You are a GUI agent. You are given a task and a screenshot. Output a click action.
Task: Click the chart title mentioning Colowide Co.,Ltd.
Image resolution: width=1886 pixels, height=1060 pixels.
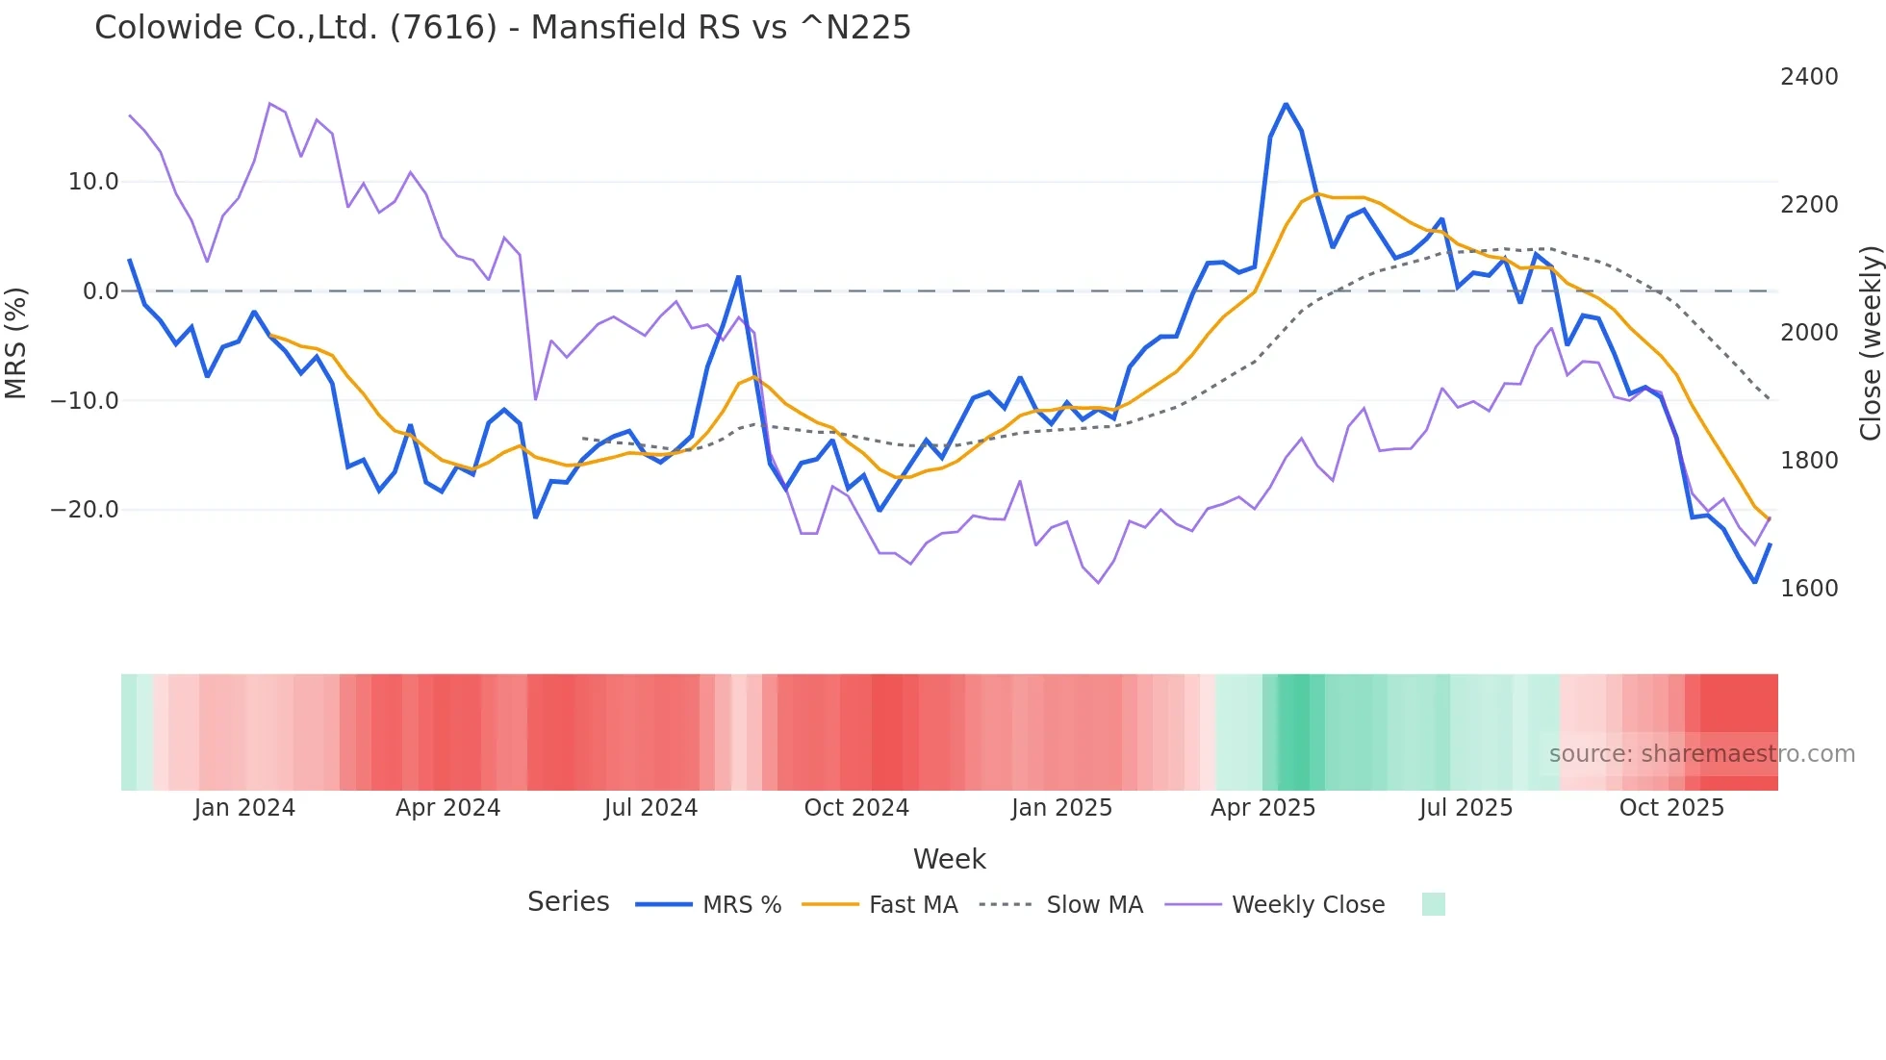click(x=502, y=27)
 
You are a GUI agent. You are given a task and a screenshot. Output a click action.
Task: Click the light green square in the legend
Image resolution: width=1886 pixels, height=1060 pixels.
click(x=1433, y=904)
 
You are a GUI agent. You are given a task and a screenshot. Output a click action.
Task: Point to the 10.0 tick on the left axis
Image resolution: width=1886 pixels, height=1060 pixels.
click(x=93, y=182)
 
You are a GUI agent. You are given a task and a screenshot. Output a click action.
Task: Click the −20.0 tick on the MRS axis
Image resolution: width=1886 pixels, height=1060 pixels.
click(x=85, y=510)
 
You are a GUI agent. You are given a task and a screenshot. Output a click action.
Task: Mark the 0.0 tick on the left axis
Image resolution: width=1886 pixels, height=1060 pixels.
click(x=100, y=291)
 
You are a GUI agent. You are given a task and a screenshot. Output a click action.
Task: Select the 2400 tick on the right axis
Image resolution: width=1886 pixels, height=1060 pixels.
click(x=1809, y=77)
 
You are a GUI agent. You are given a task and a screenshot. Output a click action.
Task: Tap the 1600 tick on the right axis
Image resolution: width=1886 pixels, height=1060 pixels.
click(x=1809, y=589)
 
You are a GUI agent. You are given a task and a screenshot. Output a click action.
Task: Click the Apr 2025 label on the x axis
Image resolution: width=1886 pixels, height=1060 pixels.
click(x=1262, y=808)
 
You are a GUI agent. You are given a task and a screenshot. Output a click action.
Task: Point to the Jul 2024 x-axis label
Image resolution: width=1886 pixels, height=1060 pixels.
click(x=650, y=808)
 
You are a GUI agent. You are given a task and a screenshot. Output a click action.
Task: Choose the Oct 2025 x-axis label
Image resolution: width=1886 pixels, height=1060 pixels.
click(x=1671, y=808)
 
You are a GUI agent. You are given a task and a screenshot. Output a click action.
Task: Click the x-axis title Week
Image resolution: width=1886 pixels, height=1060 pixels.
click(x=949, y=859)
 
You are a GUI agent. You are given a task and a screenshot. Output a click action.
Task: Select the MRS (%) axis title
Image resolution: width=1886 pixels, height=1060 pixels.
click(x=16, y=343)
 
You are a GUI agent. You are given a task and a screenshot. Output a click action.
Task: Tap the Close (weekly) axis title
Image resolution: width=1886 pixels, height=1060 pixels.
click(x=1870, y=343)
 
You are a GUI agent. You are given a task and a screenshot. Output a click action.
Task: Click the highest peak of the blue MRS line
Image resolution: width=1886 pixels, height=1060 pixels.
click(x=1286, y=104)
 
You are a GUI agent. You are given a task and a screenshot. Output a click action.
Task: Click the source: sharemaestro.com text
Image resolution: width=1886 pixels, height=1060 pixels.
click(x=1701, y=754)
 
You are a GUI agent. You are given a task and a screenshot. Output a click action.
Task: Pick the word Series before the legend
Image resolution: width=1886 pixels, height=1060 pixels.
click(x=568, y=902)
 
